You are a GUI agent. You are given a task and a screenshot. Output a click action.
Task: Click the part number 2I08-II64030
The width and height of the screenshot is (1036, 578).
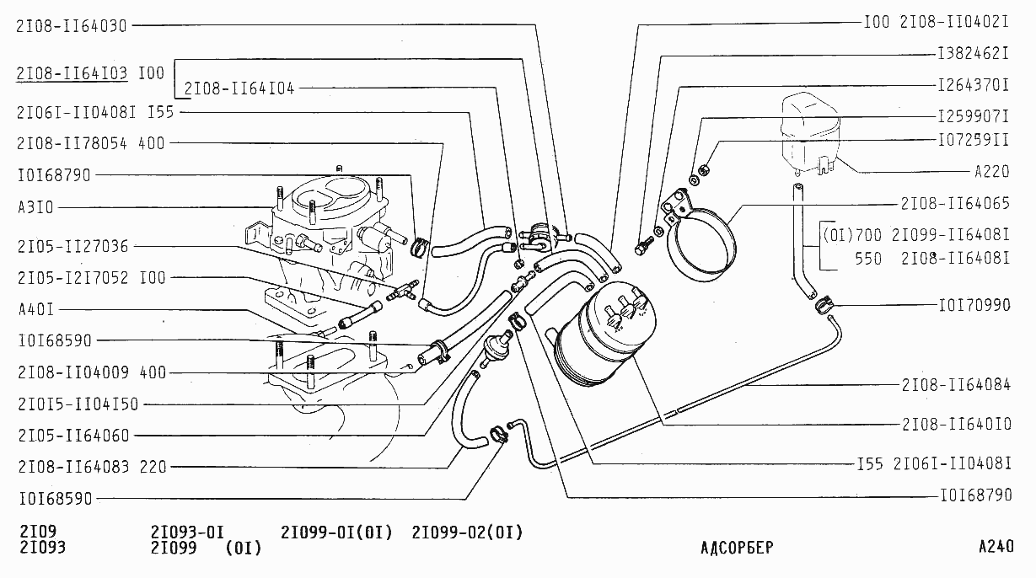[71, 26]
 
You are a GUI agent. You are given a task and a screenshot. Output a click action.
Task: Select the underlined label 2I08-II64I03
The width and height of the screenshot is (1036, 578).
[72, 73]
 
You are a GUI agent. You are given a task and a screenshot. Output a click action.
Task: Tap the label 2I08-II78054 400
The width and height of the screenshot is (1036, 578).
[91, 143]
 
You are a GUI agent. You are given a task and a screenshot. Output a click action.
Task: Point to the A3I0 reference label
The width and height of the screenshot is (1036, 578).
[36, 207]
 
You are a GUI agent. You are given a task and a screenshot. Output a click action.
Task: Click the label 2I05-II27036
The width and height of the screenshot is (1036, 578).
[72, 247]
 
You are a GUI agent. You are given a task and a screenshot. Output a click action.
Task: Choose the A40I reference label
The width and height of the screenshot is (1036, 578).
[36, 309]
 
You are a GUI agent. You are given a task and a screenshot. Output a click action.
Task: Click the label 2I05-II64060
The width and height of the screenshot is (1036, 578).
[72, 436]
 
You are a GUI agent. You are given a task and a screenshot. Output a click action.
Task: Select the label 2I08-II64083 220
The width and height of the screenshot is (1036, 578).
[91, 467]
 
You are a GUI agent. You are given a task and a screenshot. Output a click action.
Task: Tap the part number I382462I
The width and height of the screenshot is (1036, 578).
[974, 53]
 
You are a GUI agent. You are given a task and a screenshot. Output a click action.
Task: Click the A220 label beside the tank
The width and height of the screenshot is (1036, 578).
[991, 173]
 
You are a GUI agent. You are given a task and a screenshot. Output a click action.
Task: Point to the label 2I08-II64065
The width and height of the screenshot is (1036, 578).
[955, 204]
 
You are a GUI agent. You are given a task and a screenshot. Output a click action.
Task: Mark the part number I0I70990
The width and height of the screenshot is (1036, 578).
[974, 305]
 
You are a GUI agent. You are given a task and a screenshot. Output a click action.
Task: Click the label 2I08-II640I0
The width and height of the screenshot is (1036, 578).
[955, 424]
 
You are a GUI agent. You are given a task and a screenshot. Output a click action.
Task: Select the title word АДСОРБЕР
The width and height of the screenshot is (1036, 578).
[736, 547]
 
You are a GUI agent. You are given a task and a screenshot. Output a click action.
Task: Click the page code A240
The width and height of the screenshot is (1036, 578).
[996, 546]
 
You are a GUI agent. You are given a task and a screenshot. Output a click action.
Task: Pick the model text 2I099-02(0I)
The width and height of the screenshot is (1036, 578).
[467, 533]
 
